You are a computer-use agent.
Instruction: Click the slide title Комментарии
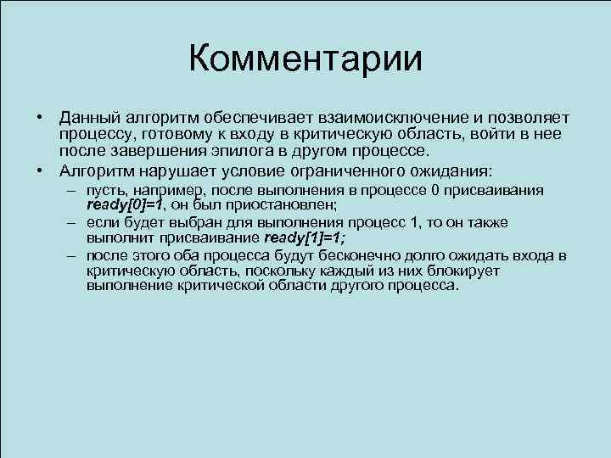(305, 59)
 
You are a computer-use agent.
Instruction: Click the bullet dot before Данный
(39, 117)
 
